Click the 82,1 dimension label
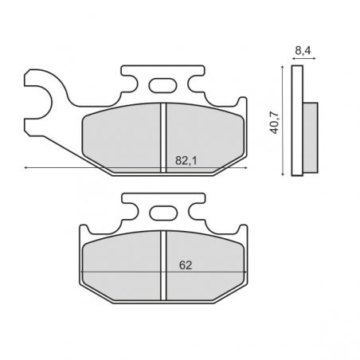coord(186,160)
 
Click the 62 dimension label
coord(186,265)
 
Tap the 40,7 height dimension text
coord(274,123)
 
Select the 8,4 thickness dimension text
coord(303,50)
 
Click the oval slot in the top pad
coord(162,86)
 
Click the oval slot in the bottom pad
coord(162,213)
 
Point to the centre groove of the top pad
coord(163,138)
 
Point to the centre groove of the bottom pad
coord(163,266)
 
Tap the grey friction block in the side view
coord(310,137)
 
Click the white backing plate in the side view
coord(297,120)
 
